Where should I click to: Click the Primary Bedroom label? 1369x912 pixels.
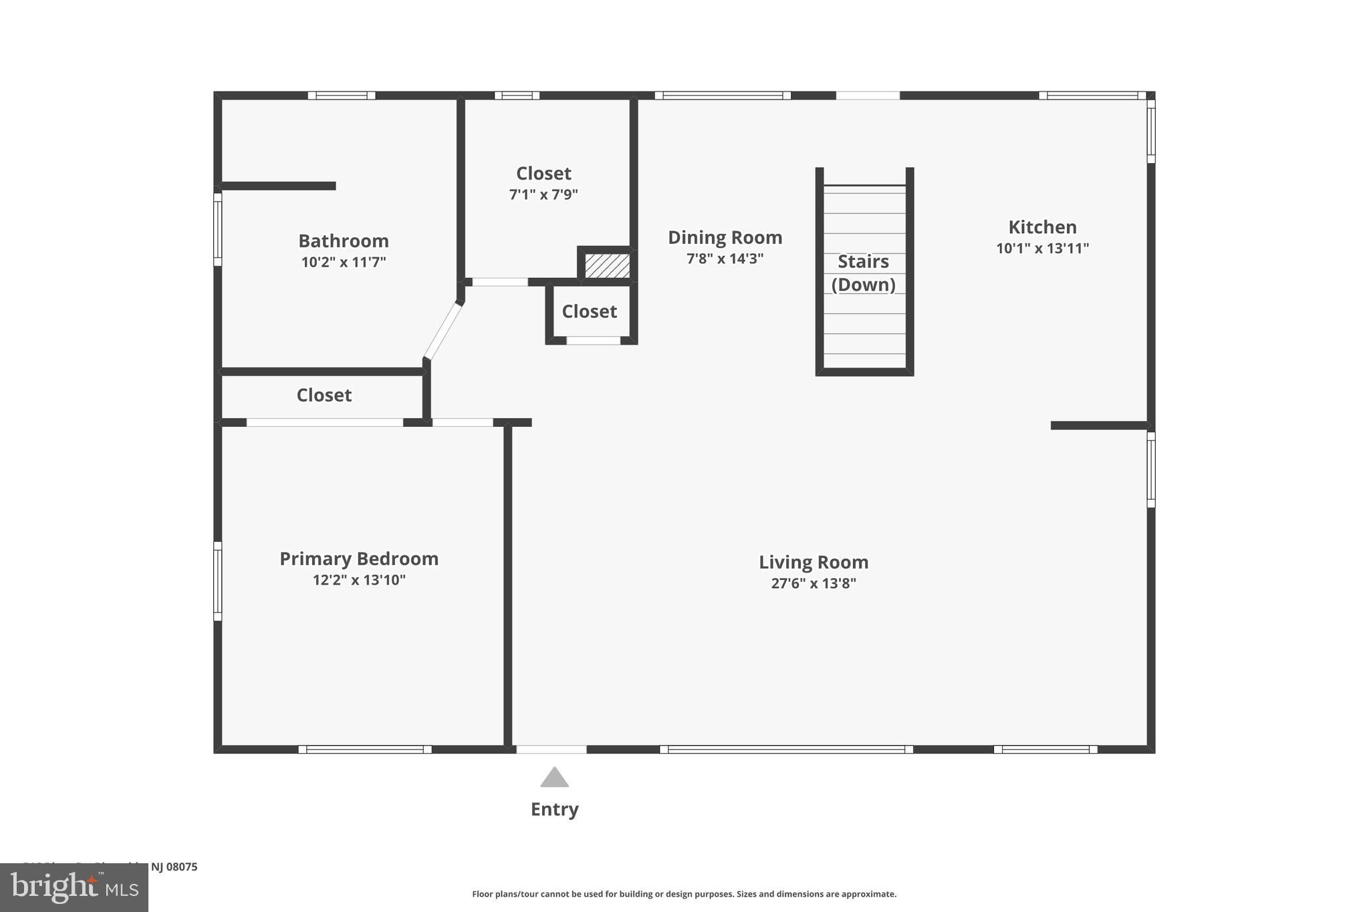(x=359, y=559)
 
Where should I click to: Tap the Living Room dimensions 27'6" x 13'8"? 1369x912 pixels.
(x=814, y=583)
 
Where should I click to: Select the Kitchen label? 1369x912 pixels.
(x=1042, y=227)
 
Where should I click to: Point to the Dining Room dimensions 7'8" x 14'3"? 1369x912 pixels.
(x=725, y=259)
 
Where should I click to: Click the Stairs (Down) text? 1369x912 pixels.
(x=864, y=273)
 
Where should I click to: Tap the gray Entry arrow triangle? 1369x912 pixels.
(x=554, y=778)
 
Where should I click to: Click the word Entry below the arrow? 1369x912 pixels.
(x=554, y=809)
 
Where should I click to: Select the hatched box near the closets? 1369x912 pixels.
(x=607, y=265)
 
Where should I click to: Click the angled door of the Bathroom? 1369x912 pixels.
(x=443, y=331)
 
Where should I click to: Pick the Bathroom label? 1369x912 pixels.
(x=343, y=241)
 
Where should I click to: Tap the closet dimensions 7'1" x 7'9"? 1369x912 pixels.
(x=543, y=194)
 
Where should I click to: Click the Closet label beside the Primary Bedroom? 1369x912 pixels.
(x=324, y=395)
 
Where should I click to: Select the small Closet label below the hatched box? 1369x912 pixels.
(x=589, y=311)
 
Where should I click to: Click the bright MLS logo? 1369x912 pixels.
(x=74, y=887)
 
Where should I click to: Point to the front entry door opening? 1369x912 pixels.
(x=551, y=750)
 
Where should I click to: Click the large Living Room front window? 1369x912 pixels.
(x=786, y=750)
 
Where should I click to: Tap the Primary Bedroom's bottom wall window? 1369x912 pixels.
(x=365, y=750)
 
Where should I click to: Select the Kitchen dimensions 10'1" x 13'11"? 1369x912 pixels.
(x=1042, y=249)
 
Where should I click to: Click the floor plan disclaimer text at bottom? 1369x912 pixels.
(x=684, y=894)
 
